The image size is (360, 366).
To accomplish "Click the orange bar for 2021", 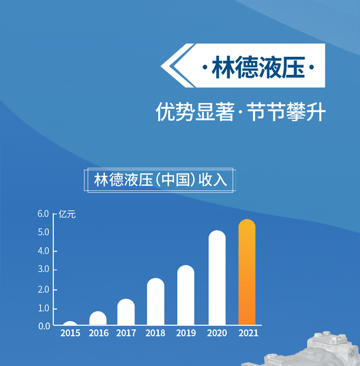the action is [x=247, y=272].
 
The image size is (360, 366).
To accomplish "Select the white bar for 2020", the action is [x=217, y=278].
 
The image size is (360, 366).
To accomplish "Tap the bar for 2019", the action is [x=186, y=295].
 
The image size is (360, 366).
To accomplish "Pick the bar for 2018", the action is [x=155, y=301].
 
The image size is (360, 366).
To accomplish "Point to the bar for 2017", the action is [x=126, y=312].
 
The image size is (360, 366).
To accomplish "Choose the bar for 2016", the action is [x=98, y=318].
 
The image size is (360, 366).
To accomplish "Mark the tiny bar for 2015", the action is [x=70, y=323].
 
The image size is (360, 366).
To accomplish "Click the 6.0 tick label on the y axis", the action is [x=43, y=213].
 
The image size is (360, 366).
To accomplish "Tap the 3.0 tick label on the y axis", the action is [x=44, y=269].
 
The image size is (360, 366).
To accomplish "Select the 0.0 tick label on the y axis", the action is [x=44, y=326].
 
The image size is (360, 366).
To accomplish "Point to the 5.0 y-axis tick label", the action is [x=44, y=232].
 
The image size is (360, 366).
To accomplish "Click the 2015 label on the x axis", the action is [x=70, y=333].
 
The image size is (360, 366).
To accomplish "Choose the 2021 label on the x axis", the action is [x=248, y=333].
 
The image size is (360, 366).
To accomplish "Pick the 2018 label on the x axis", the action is [x=155, y=333].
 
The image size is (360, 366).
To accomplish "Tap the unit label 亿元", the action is [x=67, y=214].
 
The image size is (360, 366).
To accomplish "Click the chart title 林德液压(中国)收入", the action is [x=160, y=180].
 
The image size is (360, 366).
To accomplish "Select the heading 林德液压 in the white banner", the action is [x=258, y=67].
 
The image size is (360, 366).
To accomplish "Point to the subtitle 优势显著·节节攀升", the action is [x=240, y=111].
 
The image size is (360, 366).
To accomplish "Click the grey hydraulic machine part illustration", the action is [x=308, y=350].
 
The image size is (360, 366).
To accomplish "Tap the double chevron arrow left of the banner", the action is [x=177, y=65].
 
